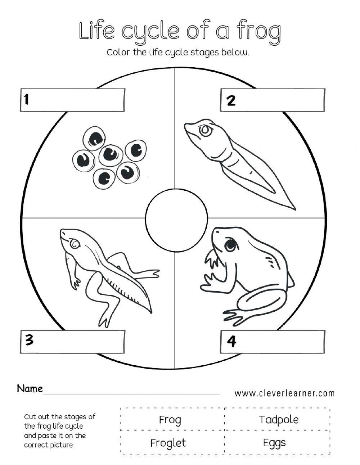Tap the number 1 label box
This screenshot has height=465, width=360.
click(x=72, y=100)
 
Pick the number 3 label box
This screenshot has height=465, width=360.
click(x=72, y=341)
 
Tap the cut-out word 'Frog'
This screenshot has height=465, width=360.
click(x=170, y=420)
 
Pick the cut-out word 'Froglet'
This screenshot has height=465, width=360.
click(x=168, y=443)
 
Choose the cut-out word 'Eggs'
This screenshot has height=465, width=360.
click(x=274, y=443)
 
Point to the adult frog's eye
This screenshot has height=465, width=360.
click(x=230, y=245)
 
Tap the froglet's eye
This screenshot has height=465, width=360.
click(x=75, y=244)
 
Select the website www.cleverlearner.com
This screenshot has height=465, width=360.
click(x=284, y=393)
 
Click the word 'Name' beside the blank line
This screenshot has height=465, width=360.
click(x=30, y=389)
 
